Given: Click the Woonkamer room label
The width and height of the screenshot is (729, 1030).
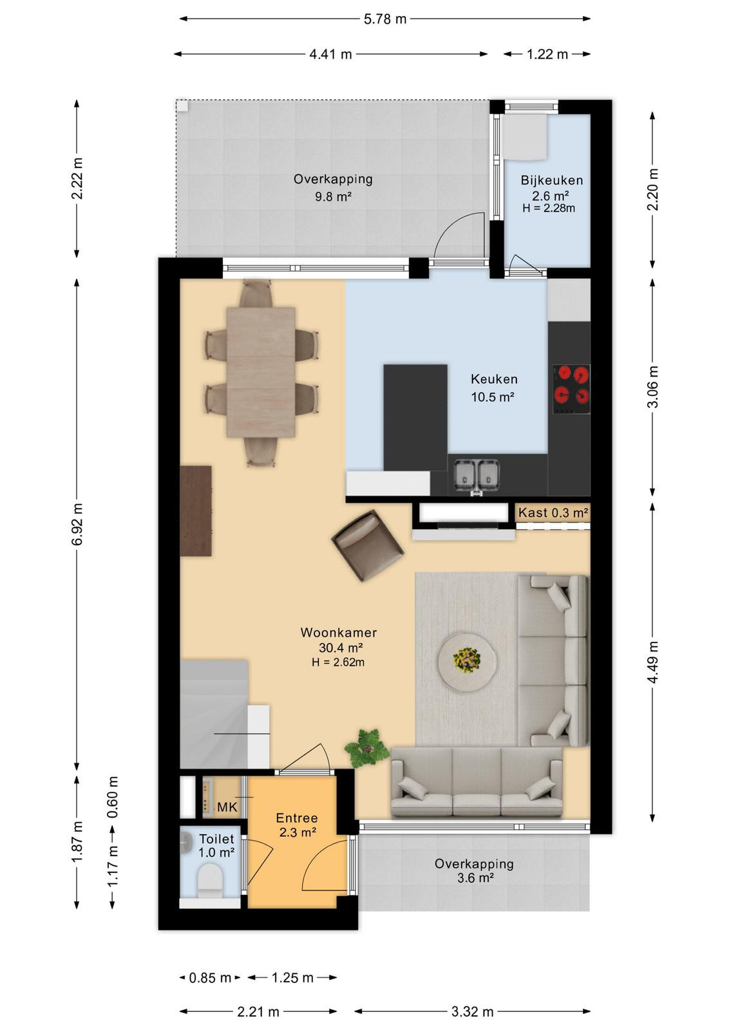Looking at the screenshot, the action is click(339, 632).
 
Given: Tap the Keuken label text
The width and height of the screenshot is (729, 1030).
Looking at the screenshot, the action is click(494, 379).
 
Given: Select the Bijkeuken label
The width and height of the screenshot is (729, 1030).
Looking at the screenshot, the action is click(551, 180).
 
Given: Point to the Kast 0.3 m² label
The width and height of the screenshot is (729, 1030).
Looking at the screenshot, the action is click(553, 512).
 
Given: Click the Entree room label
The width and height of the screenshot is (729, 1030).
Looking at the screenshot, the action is click(297, 818).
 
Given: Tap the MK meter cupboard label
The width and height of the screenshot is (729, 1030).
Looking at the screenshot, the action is click(227, 807).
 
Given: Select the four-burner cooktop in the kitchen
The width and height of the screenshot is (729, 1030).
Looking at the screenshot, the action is click(571, 390).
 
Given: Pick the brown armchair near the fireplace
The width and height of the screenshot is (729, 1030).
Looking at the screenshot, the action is click(368, 547).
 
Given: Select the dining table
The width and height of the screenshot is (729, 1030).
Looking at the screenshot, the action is click(261, 372).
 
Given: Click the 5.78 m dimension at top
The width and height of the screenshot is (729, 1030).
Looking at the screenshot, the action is click(385, 19).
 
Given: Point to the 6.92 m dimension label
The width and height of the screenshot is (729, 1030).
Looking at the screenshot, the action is click(77, 524).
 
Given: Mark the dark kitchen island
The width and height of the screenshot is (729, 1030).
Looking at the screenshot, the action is click(415, 417).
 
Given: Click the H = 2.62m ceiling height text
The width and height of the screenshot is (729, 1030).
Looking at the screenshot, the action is click(338, 662).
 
